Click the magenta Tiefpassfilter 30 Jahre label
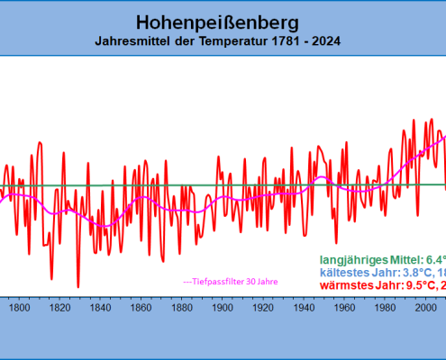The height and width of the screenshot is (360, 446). (230, 281)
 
